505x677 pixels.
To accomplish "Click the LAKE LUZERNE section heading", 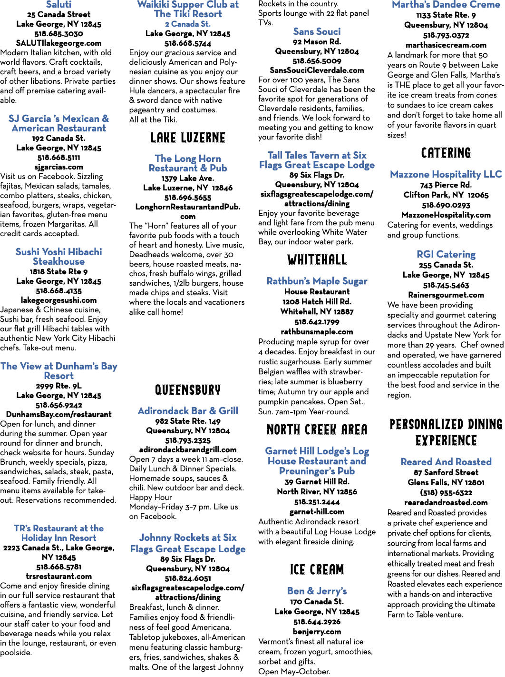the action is point(188,138).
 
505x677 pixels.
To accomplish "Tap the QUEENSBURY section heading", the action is point(188,389).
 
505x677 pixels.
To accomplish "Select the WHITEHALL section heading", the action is point(317,259).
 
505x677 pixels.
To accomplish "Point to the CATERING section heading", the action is point(446,153).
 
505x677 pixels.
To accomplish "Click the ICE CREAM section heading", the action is point(317,569).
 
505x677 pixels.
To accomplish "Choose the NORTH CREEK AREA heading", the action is point(317,429).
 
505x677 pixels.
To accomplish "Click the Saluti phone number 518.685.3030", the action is point(58,34).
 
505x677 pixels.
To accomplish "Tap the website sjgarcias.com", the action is point(58,167).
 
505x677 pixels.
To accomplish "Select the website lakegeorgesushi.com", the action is point(58,300).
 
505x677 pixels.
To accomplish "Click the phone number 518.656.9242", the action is point(58,405).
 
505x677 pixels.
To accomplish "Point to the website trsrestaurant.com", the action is point(58,576).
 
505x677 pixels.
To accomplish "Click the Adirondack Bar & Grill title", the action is point(188,411).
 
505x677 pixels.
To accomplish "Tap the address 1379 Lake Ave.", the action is point(188,178).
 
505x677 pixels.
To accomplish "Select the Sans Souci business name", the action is point(317,31).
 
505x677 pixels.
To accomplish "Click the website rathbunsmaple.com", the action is point(317,332).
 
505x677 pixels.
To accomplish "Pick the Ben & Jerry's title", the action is point(317,591).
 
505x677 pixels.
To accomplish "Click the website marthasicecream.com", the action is point(446,45).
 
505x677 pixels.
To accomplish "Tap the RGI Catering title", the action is point(446,254).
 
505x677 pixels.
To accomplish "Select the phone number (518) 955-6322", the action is point(446,493).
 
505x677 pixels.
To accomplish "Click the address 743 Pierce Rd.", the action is point(446,185).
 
